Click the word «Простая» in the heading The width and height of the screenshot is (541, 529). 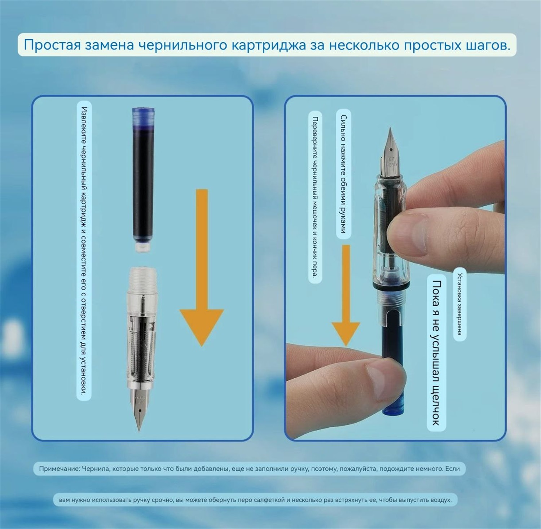click(x=52, y=45)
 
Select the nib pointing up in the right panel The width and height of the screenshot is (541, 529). click(x=391, y=151)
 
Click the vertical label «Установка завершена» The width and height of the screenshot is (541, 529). click(x=459, y=304)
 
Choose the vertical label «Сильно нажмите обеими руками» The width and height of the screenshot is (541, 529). click(x=343, y=174)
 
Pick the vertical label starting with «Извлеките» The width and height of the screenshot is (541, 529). click(x=84, y=251)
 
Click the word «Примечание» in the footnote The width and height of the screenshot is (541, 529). click(x=59, y=469)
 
